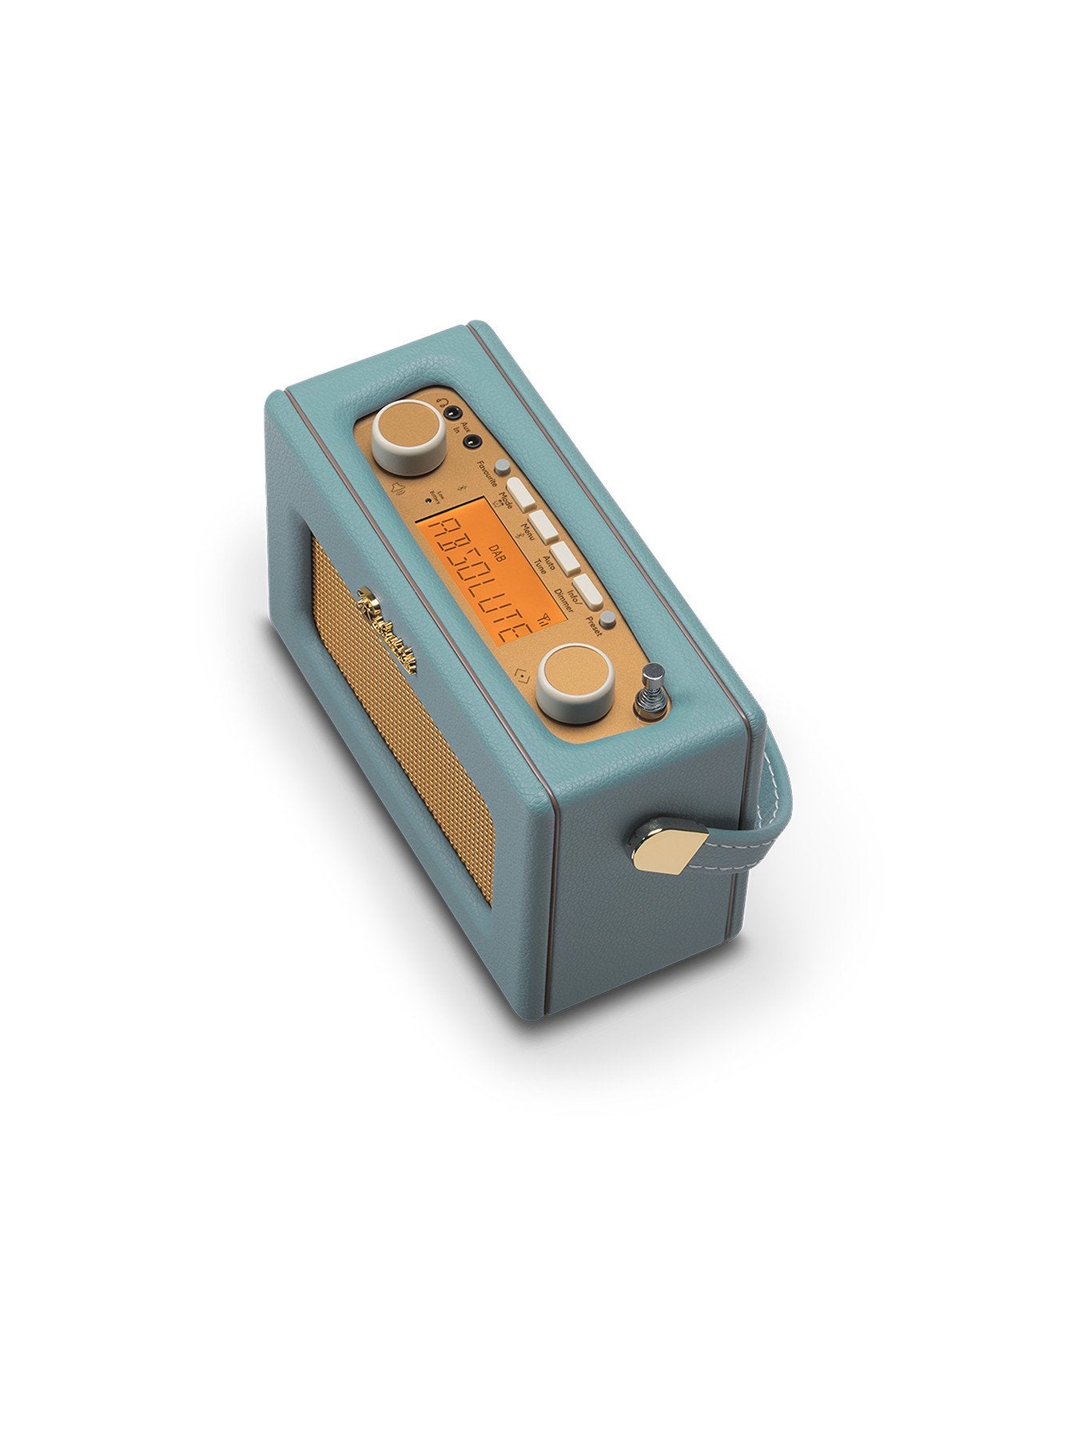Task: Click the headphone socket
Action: click(454, 414)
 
